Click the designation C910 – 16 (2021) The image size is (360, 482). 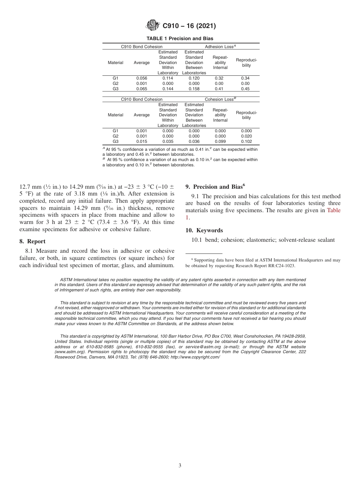tap(189, 26)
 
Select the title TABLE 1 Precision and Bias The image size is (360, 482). tap(180, 39)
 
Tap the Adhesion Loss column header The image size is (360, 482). tap(220, 47)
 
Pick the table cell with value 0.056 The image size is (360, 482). tap(142, 78)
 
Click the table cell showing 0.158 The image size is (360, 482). tap(194, 89)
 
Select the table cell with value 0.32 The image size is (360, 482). tap(219, 78)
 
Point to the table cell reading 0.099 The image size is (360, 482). tap(220, 142)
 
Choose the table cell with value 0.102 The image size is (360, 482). tap(246, 142)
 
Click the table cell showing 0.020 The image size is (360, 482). tap(246, 136)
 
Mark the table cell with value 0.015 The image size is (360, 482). tap(142, 142)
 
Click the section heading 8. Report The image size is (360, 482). tap(32, 241)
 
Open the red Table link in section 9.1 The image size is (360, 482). tap(333, 210)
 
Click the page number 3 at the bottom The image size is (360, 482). tap(180, 465)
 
